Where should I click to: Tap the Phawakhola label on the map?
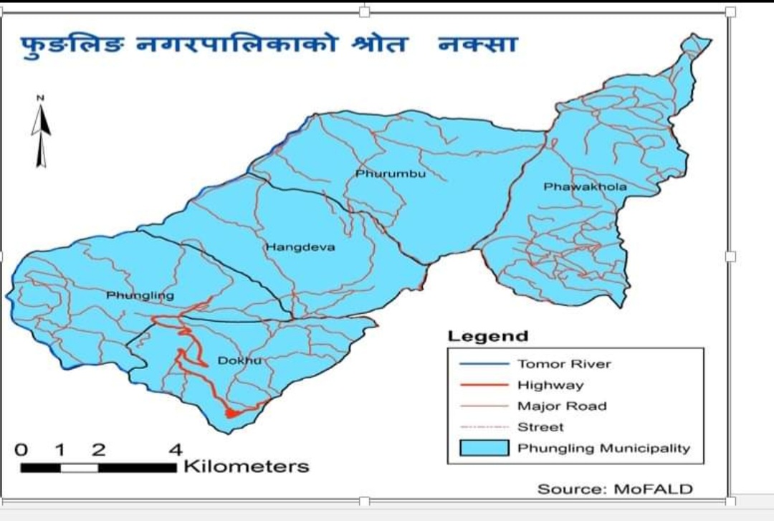(x=585, y=187)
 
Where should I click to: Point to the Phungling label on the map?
(x=140, y=295)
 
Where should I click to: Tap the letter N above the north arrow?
(x=41, y=97)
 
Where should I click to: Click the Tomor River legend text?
(x=564, y=364)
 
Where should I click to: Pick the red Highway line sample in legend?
(x=484, y=386)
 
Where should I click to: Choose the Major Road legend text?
(x=562, y=406)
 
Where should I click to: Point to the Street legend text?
(x=540, y=427)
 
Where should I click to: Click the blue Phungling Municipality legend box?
(x=484, y=449)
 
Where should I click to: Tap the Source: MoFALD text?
(x=615, y=489)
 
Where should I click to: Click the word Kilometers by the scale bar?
(x=247, y=467)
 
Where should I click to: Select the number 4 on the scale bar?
(x=175, y=450)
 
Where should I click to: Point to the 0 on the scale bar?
(x=22, y=450)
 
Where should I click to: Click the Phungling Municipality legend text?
(x=603, y=449)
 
